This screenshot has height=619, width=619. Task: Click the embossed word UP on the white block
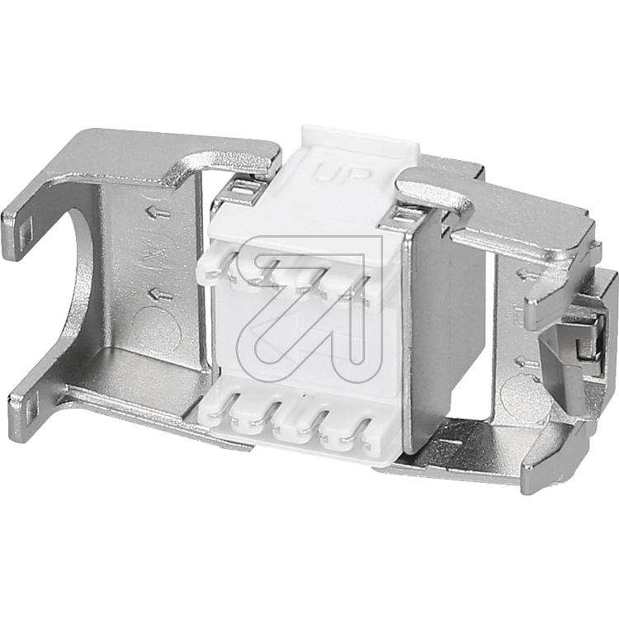click(x=342, y=174)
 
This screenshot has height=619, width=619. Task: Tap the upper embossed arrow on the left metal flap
click(x=158, y=213)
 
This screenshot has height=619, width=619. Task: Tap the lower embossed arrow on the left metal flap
click(x=160, y=294)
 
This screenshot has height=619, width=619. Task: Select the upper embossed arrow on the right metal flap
click(x=528, y=273)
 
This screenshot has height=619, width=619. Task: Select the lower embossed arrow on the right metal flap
click(x=527, y=361)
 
